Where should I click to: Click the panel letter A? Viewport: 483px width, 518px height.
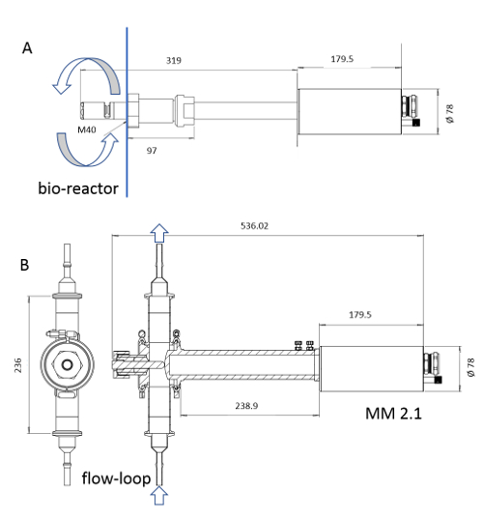pos(27,48)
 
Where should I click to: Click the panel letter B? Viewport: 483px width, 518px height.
pos(24,265)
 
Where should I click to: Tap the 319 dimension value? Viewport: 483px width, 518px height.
pos(174,61)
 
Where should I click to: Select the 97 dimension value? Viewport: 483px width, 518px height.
pos(152,151)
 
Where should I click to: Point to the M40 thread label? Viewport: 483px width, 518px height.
pos(87,129)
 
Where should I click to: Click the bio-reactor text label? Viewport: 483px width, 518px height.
pos(78,188)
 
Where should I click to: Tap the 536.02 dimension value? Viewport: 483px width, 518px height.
pos(254,226)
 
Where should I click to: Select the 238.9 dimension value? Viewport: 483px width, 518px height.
pos(246,406)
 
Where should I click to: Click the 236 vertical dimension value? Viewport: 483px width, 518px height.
pos(17,365)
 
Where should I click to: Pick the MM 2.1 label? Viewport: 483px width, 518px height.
pos(393,414)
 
